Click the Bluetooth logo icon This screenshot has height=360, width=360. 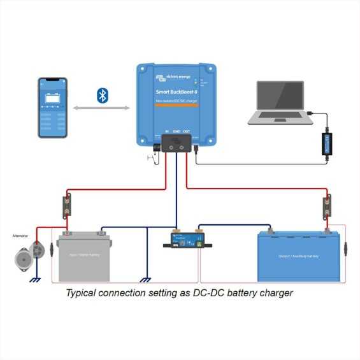(x=101, y=96)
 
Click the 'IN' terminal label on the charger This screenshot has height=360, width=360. (x=166, y=131)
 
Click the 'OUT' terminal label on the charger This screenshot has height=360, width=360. (x=186, y=131)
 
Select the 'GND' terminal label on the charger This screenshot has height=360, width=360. (x=176, y=131)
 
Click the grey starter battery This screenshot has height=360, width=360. (x=85, y=257)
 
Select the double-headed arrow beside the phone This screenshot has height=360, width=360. (x=101, y=109)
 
